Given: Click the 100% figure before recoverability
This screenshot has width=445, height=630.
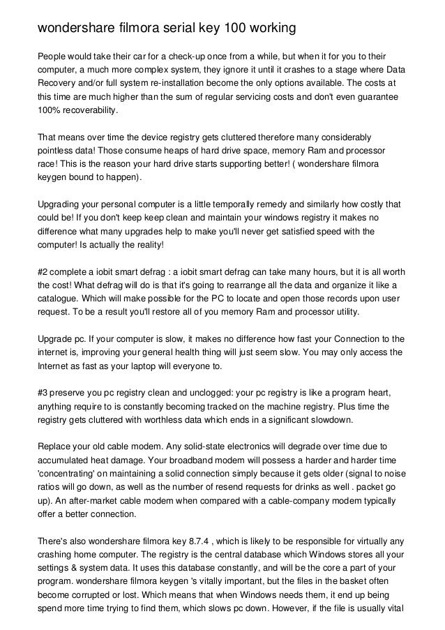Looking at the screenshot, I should pos(48,111).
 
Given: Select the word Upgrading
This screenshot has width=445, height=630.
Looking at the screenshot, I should pos(61,205).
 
